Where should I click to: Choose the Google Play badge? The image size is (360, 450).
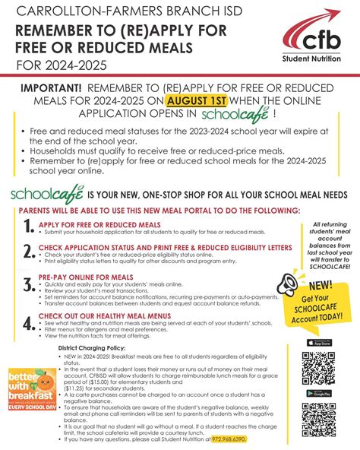[318, 392]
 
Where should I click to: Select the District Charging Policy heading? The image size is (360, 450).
[93, 347]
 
